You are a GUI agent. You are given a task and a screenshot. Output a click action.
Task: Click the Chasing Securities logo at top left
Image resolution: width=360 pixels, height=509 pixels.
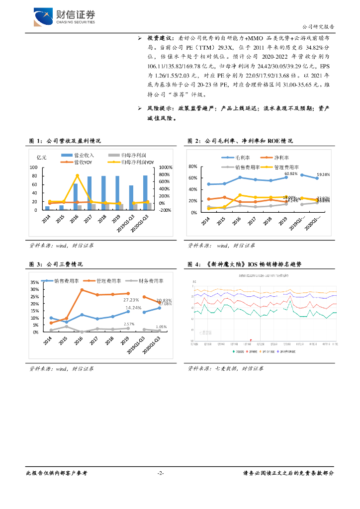[64, 18]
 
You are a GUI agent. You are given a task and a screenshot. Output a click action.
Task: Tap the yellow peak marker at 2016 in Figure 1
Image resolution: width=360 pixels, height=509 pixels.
[77, 175]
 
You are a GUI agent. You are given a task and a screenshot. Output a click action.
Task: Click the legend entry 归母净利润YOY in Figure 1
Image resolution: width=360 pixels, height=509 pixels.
[132, 162]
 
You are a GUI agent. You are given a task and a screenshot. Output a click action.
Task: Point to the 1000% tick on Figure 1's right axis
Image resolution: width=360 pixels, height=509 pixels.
[165, 168]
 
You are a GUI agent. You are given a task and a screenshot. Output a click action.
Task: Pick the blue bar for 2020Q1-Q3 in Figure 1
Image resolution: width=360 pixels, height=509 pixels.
[145, 192]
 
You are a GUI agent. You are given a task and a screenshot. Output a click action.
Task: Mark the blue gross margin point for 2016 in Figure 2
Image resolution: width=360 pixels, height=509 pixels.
[240, 177]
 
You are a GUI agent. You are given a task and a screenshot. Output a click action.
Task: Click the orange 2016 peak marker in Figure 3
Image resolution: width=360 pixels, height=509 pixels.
[82, 290]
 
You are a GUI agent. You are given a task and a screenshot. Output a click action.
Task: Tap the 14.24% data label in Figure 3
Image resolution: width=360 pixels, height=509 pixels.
[133, 308]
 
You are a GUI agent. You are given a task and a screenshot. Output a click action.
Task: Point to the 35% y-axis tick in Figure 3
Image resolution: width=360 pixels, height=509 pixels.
[34, 282]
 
